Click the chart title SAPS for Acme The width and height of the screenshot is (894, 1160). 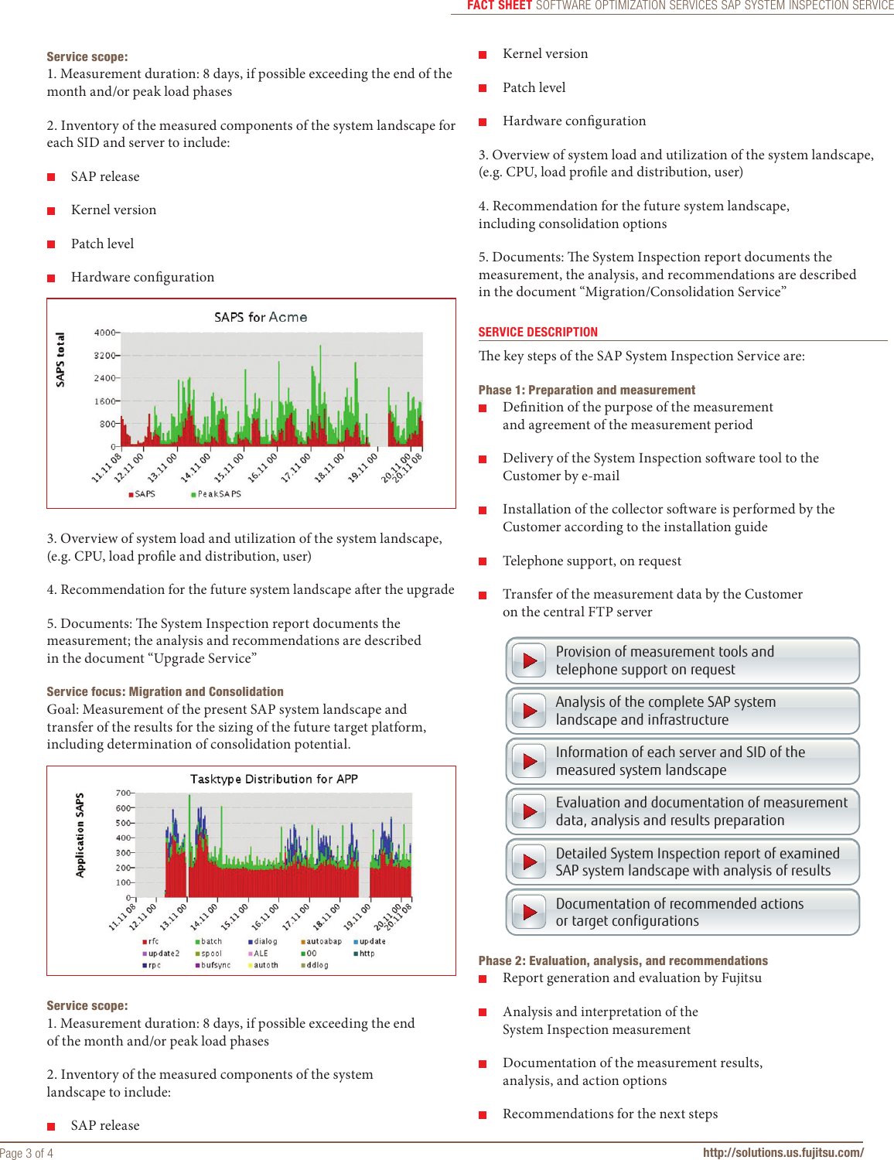[261, 317]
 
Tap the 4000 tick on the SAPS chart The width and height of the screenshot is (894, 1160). [104, 333]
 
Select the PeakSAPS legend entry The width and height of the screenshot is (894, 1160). [218, 494]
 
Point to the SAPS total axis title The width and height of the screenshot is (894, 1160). [60, 360]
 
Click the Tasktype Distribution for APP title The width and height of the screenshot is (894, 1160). [274, 779]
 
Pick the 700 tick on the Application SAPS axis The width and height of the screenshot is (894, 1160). [123, 793]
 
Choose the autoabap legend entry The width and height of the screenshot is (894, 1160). [322, 941]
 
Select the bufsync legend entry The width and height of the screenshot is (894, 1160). [215, 965]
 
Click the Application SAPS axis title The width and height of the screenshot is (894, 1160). [80, 835]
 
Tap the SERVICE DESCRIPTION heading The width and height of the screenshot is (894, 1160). [537, 333]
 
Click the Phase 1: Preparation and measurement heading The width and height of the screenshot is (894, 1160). [586, 391]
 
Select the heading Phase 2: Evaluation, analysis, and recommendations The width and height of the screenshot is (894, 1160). [623, 961]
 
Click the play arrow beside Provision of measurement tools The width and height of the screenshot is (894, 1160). [530, 660]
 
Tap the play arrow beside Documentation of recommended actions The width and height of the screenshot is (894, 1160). [530, 913]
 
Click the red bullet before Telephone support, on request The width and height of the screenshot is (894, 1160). [483, 561]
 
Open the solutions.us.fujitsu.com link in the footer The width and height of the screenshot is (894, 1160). [783, 1152]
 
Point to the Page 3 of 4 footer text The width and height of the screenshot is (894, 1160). [27, 1153]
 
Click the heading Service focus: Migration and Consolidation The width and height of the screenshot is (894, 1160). [165, 692]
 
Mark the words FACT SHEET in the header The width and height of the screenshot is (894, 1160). [499, 5]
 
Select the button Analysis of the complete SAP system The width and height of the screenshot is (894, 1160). [682, 711]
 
